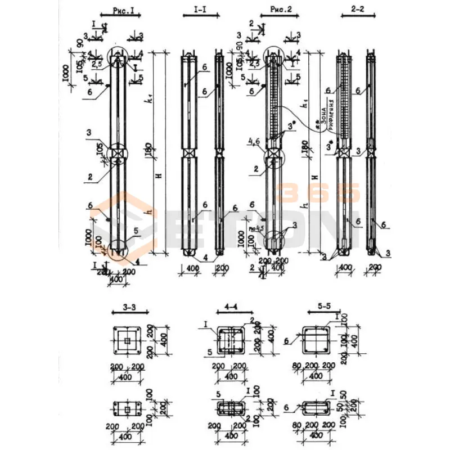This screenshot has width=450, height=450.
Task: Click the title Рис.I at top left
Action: tap(116, 10)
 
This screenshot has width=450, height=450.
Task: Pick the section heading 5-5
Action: tap(317, 308)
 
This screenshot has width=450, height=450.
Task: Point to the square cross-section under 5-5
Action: tap(316, 341)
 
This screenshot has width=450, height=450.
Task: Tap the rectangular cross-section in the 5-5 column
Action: tap(316, 408)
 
